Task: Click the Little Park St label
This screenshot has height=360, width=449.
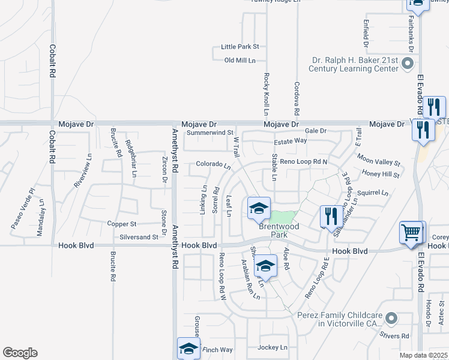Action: coord(240,46)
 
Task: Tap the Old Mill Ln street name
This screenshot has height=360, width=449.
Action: coord(240,61)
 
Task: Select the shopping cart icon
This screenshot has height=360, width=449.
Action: coord(411,232)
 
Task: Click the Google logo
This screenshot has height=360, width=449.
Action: coord(20,353)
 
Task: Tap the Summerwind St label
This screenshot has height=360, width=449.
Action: coord(209,132)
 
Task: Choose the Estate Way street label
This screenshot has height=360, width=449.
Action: coord(290,140)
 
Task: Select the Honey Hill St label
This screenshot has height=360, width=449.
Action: coord(381,174)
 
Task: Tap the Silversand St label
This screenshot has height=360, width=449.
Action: coord(138,237)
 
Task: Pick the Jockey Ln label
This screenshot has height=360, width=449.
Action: coord(273,347)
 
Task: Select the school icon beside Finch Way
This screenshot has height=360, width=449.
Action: coord(188,349)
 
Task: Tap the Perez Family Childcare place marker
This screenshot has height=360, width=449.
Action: coord(391,317)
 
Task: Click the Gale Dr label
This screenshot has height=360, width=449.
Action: coord(315,131)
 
